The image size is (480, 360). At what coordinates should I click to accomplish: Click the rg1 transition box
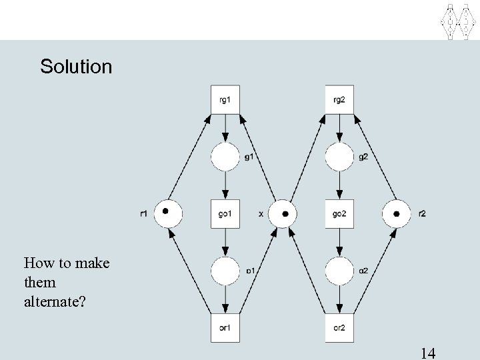click(225, 100)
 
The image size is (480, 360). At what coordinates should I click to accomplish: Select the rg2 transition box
click(339, 100)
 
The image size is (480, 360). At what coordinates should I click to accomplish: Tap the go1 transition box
click(225, 213)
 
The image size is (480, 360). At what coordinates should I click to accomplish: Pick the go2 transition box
click(339, 213)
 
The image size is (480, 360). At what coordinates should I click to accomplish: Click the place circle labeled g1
click(225, 157)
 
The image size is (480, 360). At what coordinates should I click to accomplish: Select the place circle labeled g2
click(339, 157)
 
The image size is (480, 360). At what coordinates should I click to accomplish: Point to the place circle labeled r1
click(168, 214)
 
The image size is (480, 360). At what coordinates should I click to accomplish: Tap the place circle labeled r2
click(396, 214)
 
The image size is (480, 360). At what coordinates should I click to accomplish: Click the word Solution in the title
click(76, 67)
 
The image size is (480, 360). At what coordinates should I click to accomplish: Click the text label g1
click(249, 157)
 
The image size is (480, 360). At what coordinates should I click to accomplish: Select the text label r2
click(421, 214)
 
